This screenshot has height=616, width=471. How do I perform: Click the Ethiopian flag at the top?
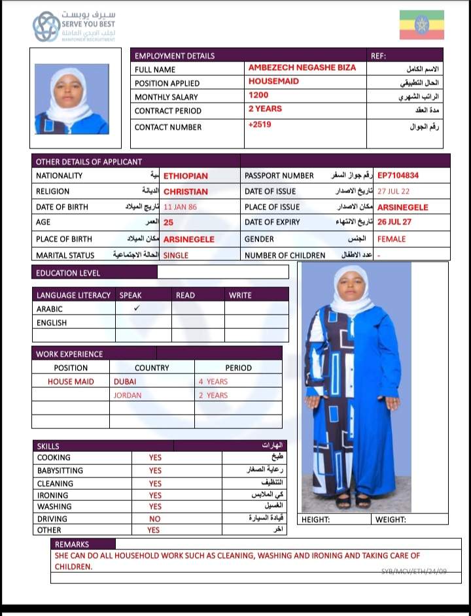coord(422,25)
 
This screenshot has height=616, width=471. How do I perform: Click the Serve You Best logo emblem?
coord(46,27)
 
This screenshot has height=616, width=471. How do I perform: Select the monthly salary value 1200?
coord(258,95)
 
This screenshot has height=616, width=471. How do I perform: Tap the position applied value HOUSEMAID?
coord(273,82)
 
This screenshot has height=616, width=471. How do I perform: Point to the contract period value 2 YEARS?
coord(265,109)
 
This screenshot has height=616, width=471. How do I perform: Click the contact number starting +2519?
coord(260,124)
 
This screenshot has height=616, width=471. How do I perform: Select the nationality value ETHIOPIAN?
coord(185,176)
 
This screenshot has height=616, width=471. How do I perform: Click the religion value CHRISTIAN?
coord(185,192)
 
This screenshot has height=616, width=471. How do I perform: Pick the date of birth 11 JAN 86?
coord(180,207)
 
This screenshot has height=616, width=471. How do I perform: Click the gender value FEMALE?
coord(391,239)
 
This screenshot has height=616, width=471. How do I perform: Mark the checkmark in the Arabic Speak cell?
coord(137,308)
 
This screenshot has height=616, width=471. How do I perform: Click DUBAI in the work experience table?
coord(125,381)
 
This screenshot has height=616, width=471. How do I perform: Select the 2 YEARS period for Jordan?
coord(213,396)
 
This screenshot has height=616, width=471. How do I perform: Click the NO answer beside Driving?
coord(155,519)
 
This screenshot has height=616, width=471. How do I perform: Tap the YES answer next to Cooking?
coord(155,458)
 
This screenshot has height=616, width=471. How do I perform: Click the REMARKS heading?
coord(72,544)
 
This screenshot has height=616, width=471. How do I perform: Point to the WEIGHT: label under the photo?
coord(391,520)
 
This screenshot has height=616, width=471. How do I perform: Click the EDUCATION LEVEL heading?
coord(68,273)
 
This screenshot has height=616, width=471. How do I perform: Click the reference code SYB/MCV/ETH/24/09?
coord(414,572)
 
